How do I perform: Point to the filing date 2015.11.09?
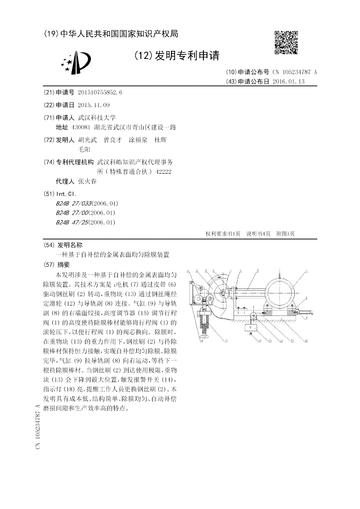tap(94, 105)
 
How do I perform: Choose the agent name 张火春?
tap(87, 181)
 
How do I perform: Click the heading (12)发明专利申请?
tap(177, 56)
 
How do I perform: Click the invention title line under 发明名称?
tap(112, 255)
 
